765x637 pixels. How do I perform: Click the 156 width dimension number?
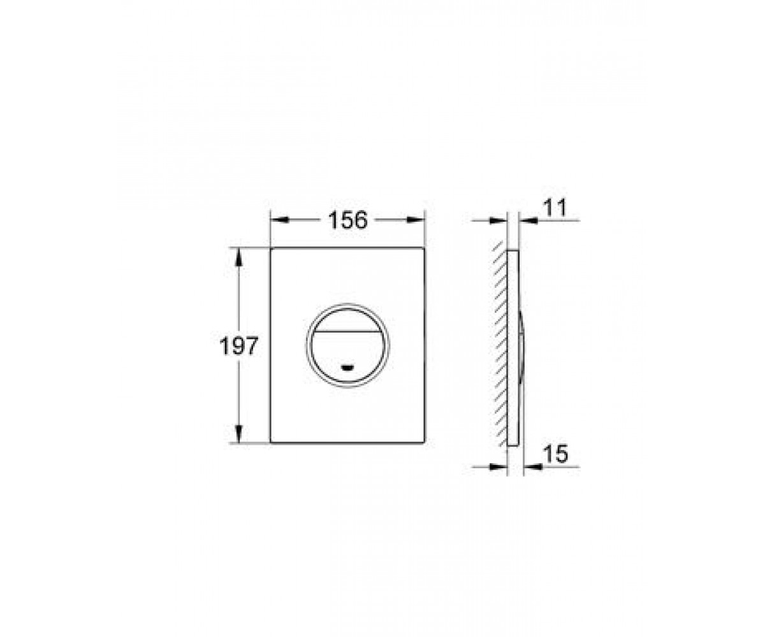coord(347,220)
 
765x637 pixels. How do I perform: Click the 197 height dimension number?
coord(239,346)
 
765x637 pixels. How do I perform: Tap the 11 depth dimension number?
coord(555,208)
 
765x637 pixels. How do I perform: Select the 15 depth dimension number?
coord(556,454)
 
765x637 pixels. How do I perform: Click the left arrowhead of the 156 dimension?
coord(280,220)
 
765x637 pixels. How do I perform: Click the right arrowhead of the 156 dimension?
coord(416,220)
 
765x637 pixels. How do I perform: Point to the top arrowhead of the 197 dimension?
coord(238,257)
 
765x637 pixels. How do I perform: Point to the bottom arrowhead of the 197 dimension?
coord(238,434)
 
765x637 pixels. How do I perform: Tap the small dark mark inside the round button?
coord(347,368)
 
